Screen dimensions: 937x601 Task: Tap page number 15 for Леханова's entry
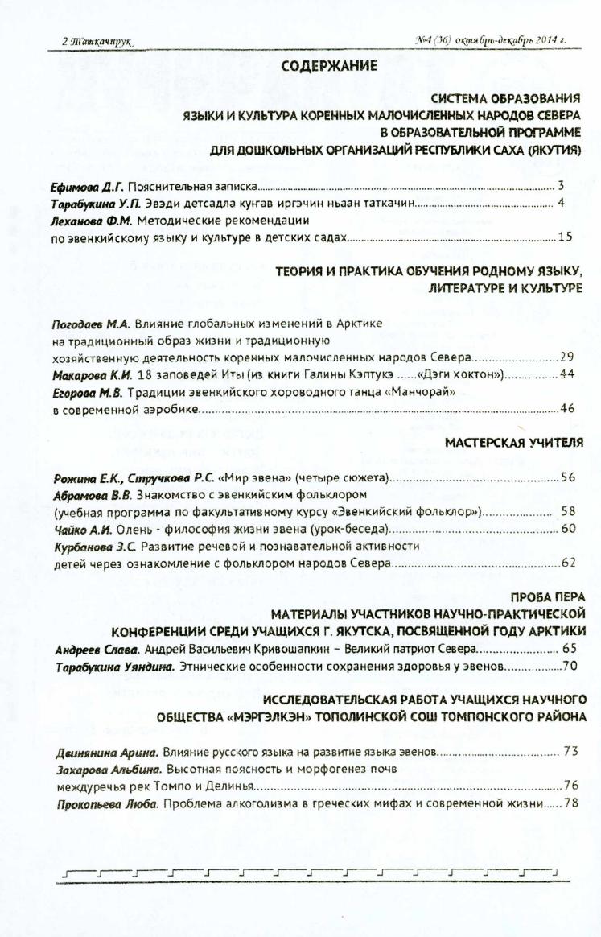(x=566, y=237)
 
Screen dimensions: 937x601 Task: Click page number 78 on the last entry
(x=571, y=803)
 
